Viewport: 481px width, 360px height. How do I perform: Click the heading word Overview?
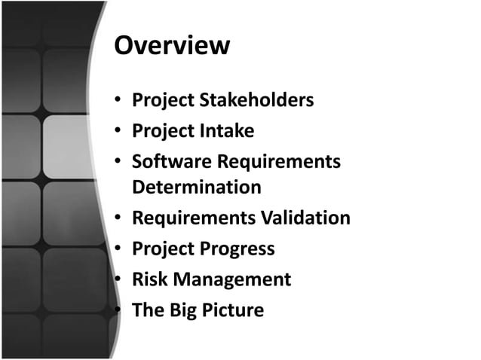point(171,45)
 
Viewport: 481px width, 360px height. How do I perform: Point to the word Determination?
point(197,187)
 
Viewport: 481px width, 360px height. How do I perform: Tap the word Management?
point(233,279)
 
